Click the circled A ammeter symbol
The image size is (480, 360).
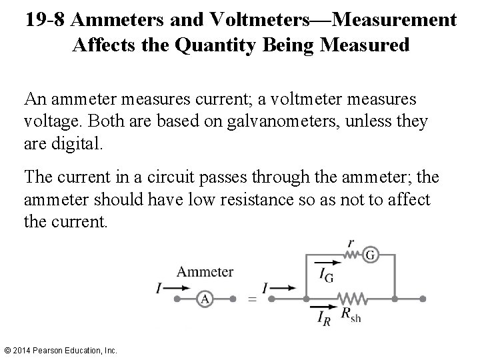(205, 299)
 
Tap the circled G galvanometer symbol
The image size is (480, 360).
(371, 255)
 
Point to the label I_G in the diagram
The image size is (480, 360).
(326, 275)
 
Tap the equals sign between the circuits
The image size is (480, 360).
(251, 299)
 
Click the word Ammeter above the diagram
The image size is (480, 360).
(205, 271)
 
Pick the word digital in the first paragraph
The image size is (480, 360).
(81, 143)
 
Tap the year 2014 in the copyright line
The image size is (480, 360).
(23, 349)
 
